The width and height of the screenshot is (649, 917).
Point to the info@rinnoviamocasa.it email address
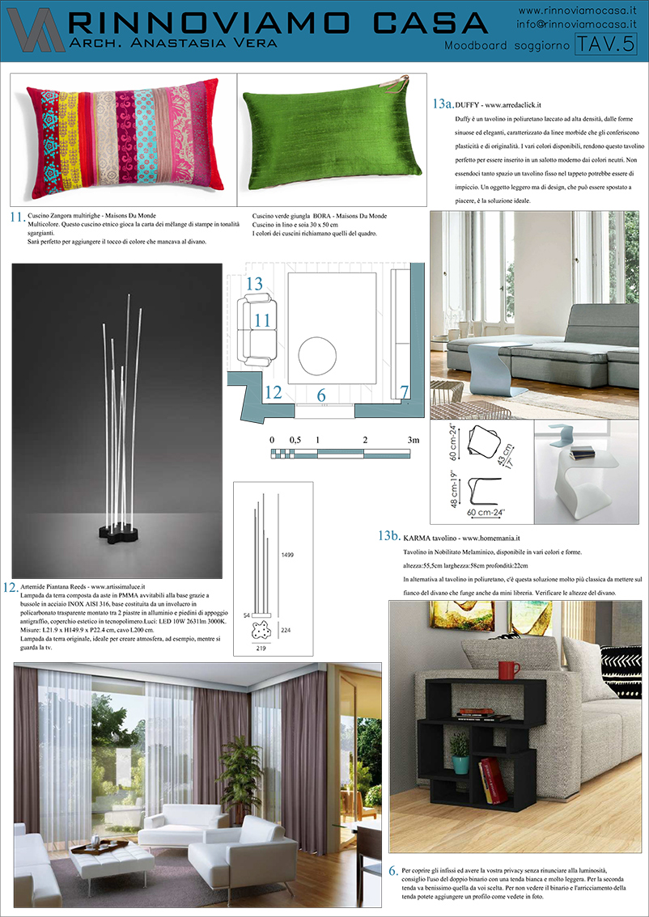[577, 25]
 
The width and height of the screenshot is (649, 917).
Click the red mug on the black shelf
[508, 670]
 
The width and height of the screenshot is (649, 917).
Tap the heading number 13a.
[442, 104]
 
